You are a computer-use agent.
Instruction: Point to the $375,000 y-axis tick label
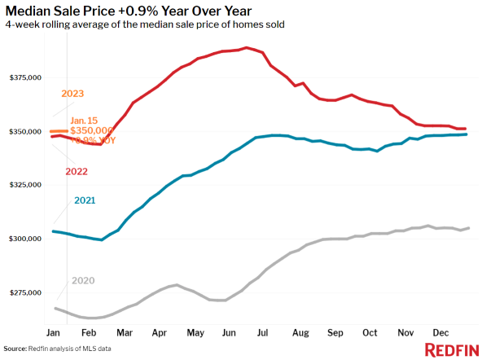(24, 78)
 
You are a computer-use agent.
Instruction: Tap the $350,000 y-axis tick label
(24, 132)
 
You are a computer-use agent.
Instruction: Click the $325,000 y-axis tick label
(24, 185)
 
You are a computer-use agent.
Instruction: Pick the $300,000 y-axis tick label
(24, 239)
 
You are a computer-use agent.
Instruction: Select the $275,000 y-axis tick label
(24, 292)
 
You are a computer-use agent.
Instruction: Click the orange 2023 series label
(73, 93)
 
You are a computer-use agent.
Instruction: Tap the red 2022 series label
(77, 172)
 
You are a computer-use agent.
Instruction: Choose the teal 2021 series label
(85, 200)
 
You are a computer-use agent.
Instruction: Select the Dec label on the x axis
(441, 333)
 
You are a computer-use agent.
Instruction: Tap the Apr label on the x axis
(160, 333)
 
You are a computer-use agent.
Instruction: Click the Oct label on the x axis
(370, 333)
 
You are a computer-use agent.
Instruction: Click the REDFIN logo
(452, 349)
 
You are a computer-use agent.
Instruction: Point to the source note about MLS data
(58, 349)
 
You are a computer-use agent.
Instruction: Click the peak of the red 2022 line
(247, 47)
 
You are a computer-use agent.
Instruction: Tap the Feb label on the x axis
(90, 333)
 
